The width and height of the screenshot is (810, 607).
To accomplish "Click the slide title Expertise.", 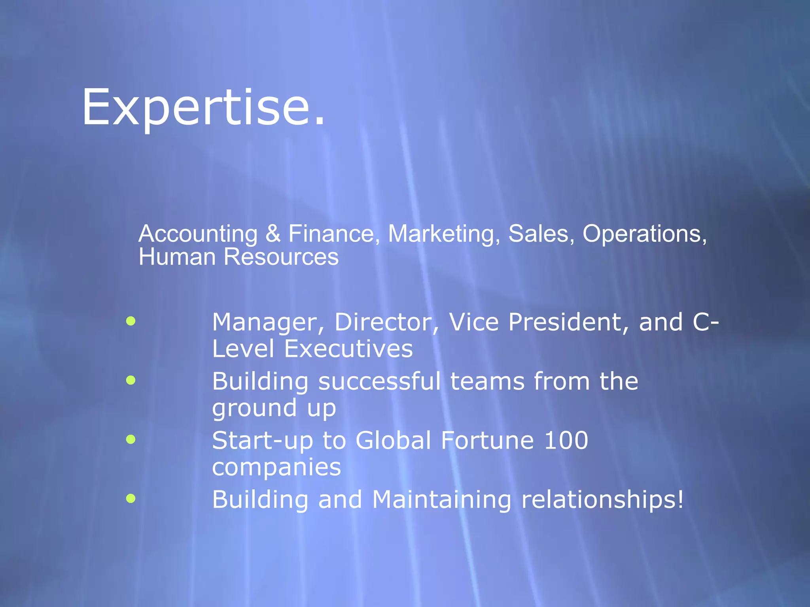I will [203, 107].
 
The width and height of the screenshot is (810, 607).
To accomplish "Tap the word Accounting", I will [198, 234].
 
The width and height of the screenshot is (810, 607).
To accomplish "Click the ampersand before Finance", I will [273, 234].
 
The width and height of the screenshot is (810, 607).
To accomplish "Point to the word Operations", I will [644, 234].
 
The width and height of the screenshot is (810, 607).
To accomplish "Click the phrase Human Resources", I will [238, 257].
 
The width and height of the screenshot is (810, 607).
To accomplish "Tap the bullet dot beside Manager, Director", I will [131, 321].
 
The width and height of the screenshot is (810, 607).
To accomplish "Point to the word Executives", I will [348, 349].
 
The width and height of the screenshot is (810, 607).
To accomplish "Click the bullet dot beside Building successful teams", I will [131, 380].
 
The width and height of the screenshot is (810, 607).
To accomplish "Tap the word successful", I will [379, 381].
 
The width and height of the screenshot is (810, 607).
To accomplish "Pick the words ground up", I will [274, 409].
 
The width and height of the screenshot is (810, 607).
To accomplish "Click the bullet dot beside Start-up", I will [131, 439].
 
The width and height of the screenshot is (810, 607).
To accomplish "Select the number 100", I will [566, 441].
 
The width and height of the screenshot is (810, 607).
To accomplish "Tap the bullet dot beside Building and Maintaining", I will [131, 498].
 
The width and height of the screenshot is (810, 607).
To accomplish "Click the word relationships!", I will [602, 500].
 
